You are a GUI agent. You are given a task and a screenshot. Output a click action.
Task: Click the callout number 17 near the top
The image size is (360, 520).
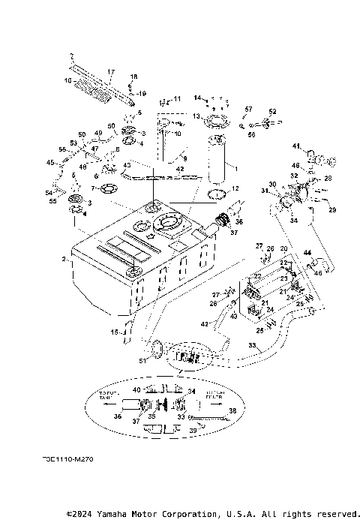point(110,72)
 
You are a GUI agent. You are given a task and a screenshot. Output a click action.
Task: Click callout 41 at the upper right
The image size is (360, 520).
point(296,146)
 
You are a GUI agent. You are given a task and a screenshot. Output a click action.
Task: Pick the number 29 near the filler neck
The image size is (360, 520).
point(332,210)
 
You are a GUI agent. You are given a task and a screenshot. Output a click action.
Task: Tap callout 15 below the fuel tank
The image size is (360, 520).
point(115,331)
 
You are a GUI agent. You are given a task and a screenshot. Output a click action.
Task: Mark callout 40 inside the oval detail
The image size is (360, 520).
point(136,389)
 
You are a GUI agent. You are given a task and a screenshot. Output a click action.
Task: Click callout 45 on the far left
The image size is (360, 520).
point(49,162)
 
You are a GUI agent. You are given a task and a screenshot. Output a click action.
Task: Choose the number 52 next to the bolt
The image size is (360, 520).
point(272,111)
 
